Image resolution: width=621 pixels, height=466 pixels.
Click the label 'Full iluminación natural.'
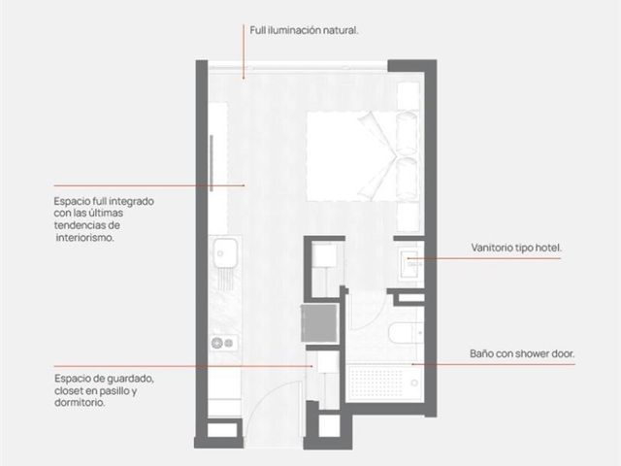(304, 30)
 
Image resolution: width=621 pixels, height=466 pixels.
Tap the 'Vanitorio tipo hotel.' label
(516, 249)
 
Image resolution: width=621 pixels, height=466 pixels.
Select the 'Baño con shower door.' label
(522, 353)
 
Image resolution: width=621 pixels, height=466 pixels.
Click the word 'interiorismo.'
(84, 238)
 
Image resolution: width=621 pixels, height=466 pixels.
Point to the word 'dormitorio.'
(80, 403)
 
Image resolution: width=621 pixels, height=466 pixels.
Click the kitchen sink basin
(224, 252)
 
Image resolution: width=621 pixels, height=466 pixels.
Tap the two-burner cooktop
(224, 343)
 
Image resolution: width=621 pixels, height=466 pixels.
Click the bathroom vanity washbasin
(409, 263)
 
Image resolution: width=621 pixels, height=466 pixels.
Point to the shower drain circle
(414, 383)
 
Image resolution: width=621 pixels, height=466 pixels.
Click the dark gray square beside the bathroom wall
(319, 323)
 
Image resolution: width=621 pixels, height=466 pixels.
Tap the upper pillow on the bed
(407, 133)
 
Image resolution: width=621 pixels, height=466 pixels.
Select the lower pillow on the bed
(407, 179)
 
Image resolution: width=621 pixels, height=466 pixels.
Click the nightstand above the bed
(409, 95)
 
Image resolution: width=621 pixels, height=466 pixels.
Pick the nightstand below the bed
(409, 216)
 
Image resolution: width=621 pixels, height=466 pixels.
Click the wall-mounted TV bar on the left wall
(212, 163)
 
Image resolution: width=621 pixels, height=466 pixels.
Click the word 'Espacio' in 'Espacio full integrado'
(71, 202)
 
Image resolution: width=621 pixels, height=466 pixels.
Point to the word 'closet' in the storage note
(69, 391)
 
